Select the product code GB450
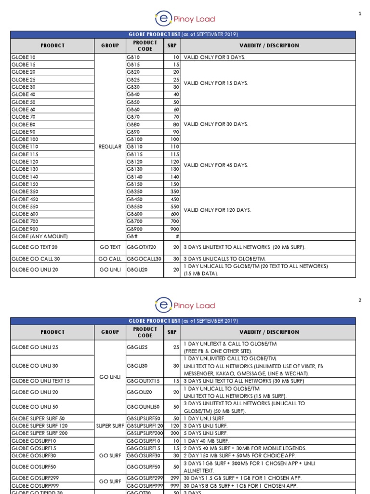pyautogui.click(x=134, y=199)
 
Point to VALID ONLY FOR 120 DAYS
pyautogui.click(x=217, y=210)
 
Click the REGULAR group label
pyautogui.click(x=110, y=147)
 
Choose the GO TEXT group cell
pyautogui.click(x=110, y=247)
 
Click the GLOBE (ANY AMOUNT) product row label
pyautogui.click(x=40, y=236)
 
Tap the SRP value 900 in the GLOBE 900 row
pyautogui.click(x=175, y=229)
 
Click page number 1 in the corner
pyautogui.click(x=359, y=14)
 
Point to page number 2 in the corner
pyautogui.click(x=359, y=300)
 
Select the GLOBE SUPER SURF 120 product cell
pyautogui.click(x=40, y=426)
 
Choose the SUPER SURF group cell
pyautogui.click(x=110, y=426)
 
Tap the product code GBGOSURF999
pyautogui.click(x=143, y=485)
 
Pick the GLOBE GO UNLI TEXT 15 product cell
pyautogui.click(x=40, y=381)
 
